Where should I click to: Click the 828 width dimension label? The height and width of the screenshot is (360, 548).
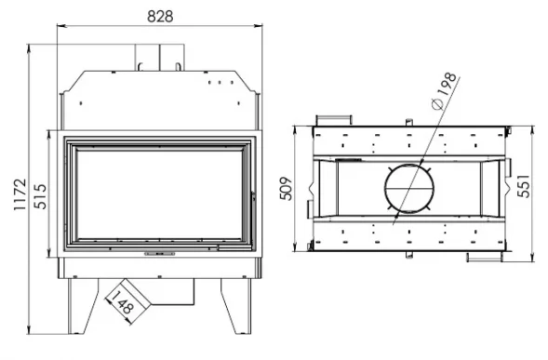point(160,16)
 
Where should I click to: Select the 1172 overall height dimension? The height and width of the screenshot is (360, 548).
point(20,194)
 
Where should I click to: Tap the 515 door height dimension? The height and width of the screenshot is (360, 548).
point(40,196)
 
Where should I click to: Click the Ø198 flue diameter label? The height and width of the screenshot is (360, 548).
point(444,91)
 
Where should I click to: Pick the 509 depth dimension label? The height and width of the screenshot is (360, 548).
point(286,189)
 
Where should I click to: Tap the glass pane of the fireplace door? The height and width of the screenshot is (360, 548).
point(159,194)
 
